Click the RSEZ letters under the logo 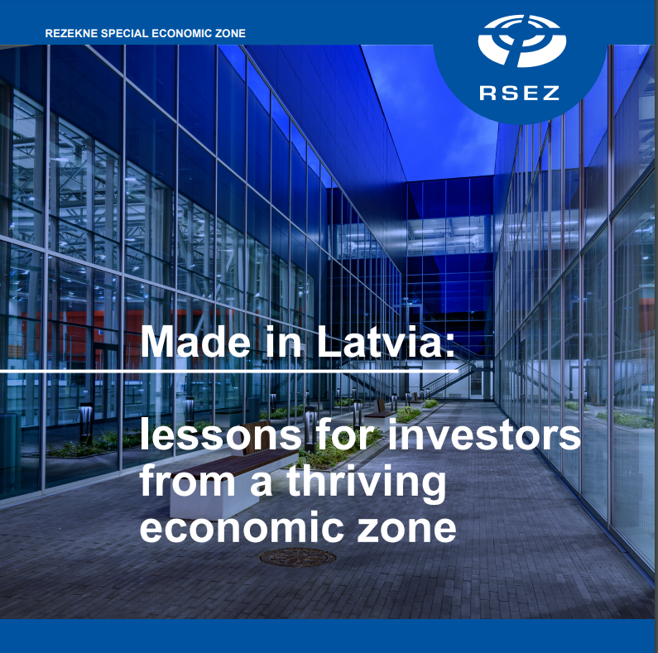coord(519,93)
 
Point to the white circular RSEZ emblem coord(522,41)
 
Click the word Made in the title coord(195,341)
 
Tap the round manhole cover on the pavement coord(297,558)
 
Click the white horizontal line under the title coord(228,372)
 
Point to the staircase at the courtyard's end coord(449,369)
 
